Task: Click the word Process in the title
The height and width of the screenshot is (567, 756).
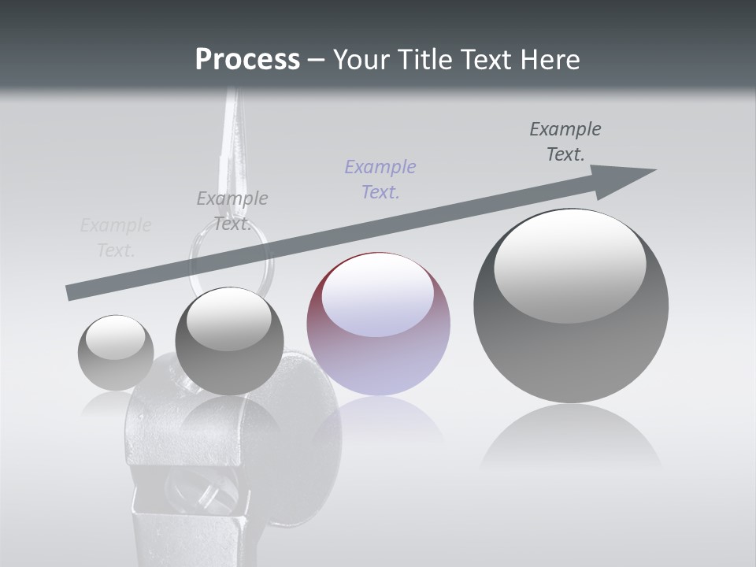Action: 247,59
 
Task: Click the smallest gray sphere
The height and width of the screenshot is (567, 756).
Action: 116,353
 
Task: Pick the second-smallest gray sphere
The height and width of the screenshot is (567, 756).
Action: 229,341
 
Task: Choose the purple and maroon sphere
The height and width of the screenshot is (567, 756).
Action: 378,324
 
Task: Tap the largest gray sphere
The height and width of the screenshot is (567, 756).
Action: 571,306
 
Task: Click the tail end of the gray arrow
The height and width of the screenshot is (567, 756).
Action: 71,293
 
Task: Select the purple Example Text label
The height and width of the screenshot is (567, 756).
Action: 380,179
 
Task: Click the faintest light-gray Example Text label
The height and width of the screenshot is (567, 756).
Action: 116,238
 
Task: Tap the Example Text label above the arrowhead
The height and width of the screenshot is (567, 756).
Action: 565,141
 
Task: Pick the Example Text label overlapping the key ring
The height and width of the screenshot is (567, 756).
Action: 232,210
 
